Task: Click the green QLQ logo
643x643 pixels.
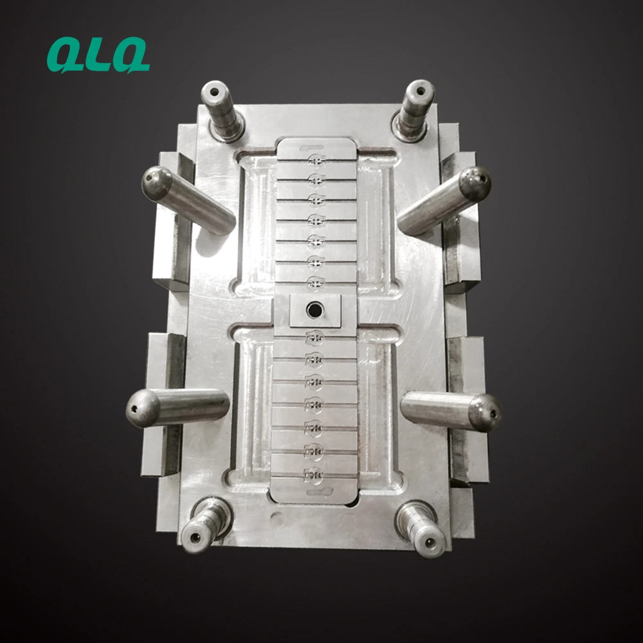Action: tap(98, 55)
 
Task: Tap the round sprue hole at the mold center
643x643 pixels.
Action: tap(315, 309)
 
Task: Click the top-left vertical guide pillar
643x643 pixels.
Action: tap(222, 110)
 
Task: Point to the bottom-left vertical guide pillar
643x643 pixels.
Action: tap(206, 525)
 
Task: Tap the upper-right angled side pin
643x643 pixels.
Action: tap(444, 200)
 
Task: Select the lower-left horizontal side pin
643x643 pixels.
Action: tap(177, 408)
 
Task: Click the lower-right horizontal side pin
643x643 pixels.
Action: tap(451, 411)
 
